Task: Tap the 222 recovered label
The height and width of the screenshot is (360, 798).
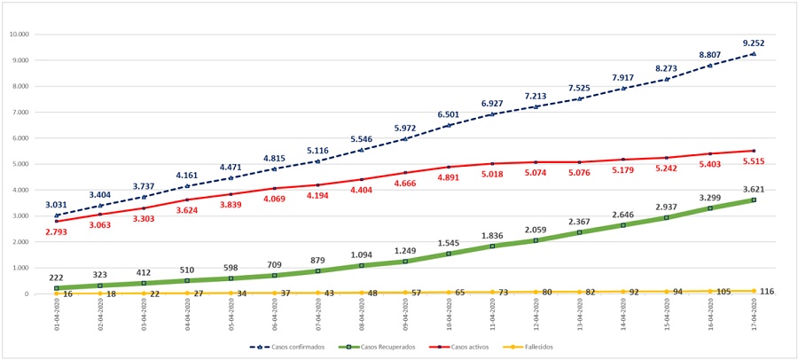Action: coord(57,278)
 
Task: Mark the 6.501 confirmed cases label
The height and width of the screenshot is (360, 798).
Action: coord(448,114)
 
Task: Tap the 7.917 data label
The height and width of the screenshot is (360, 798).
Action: coord(622,77)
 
